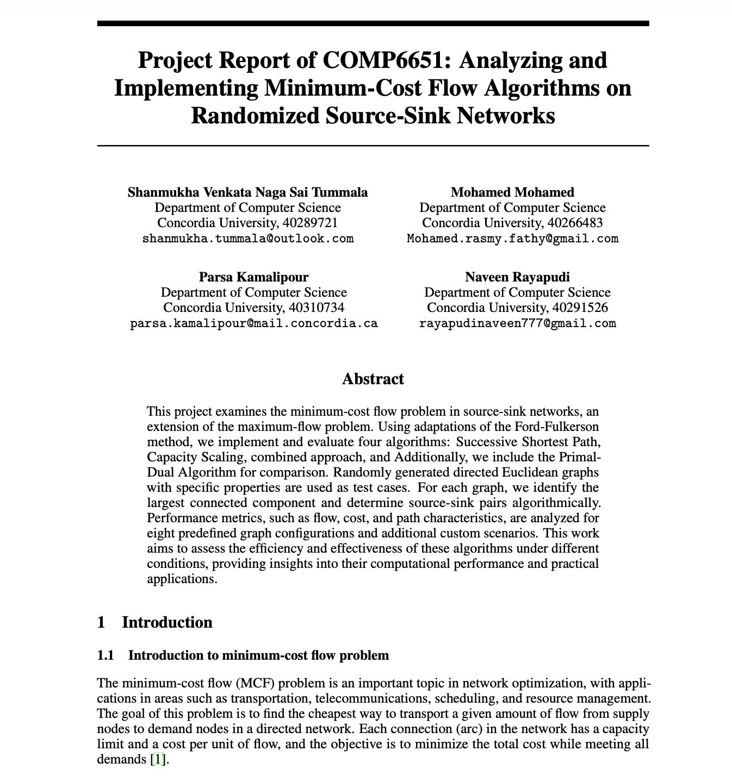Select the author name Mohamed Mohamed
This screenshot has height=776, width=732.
click(512, 192)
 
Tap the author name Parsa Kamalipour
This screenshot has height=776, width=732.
click(253, 277)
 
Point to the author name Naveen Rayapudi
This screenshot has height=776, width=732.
click(517, 277)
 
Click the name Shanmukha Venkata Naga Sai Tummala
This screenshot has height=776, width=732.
click(247, 192)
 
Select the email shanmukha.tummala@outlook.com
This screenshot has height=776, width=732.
click(247, 239)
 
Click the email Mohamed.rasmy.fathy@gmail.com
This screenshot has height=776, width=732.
click(512, 239)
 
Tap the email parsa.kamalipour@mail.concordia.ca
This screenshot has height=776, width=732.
click(253, 324)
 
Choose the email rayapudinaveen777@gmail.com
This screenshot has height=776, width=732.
click(517, 324)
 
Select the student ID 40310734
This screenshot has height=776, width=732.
click(317, 308)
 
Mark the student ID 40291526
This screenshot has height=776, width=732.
click(580, 308)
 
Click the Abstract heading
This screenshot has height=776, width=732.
click(373, 379)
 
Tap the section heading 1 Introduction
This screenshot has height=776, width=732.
click(155, 622)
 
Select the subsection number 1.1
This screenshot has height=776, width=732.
click(106, 655)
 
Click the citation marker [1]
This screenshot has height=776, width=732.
click(158, 759)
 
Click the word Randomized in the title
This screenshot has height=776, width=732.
click(256, 116)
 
